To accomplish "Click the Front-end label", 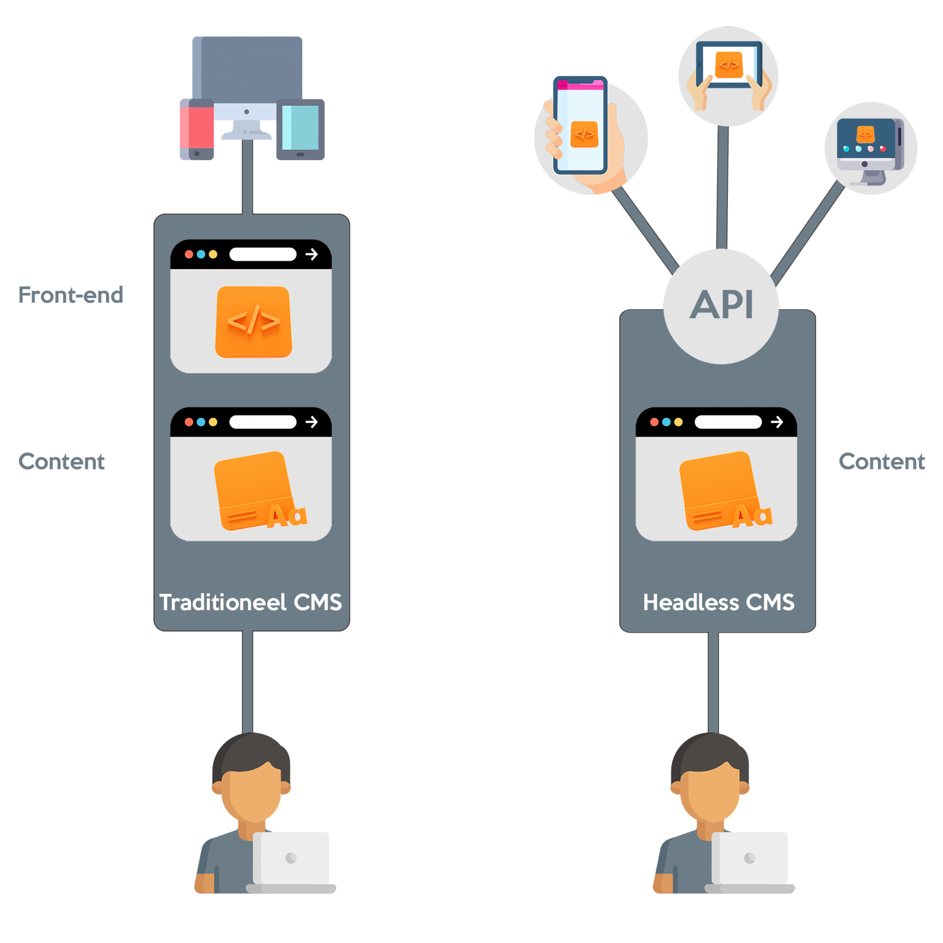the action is pyautogui.click(x=71, y=295).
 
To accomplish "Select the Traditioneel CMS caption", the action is pyautogui.click(x=251, y=602).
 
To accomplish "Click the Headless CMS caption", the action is pyautogui.click(x=719, y=602).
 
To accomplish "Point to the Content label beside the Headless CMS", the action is pyautogui.click(x=881, y=461).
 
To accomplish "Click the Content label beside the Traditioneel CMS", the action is pyautogui.click(x=62, y=461).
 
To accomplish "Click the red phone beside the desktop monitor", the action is pyautogui.click(x=197, y=129).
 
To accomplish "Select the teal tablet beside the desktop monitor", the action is pyautogui.click(x=300, y=129).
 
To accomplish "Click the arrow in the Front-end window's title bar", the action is pyautogui.click(x=311, y=254).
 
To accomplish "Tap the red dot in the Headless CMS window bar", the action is pyautogui.click(x=654, y=422).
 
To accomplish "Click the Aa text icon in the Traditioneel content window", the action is pyautogui.click(x=287, y=515).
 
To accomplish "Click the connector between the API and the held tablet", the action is pyautogui.click(x=722, y=187).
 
